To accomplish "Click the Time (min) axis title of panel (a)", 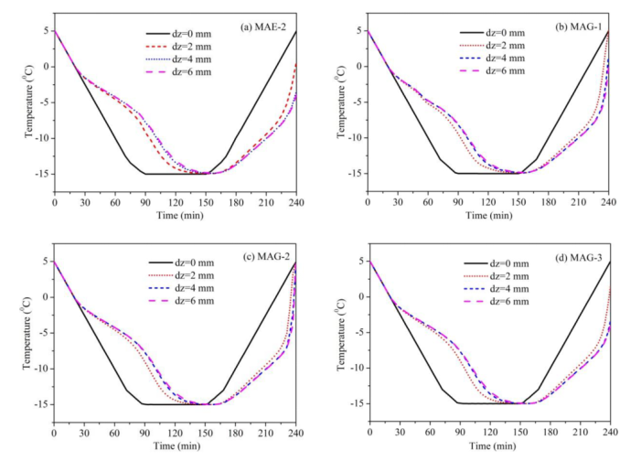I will tap(176, 215).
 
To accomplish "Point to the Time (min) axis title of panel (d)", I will tap(489, 445).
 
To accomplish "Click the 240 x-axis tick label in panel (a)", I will tap(295, 203).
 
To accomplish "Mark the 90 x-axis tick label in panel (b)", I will tap(458, 203).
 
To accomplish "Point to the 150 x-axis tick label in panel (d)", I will tap(519, 432).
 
